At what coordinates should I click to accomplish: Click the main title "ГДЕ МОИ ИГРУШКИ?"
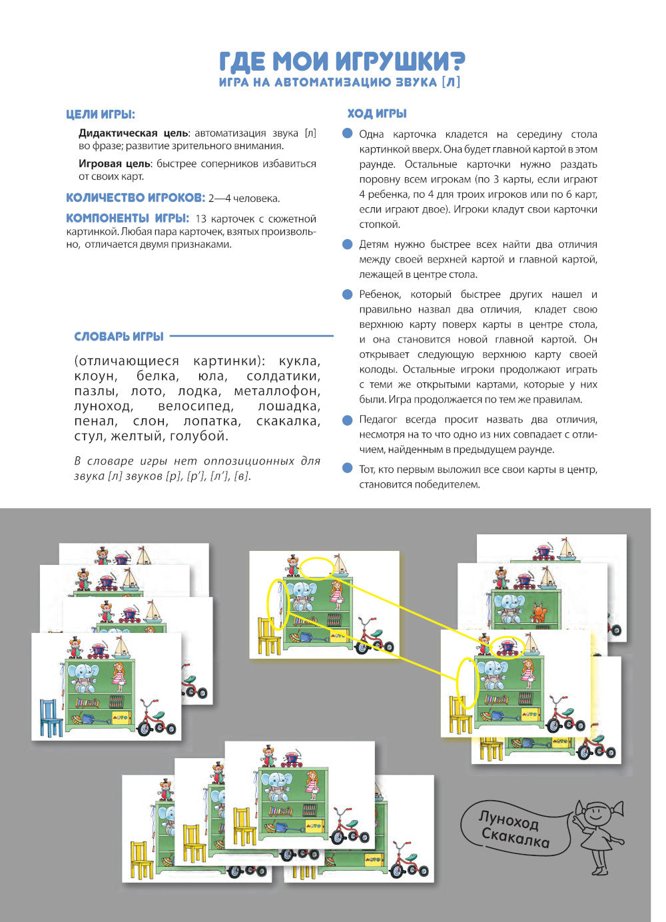click(x=342, y=61)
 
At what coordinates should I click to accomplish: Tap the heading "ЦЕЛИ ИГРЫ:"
click(x=101, y=115)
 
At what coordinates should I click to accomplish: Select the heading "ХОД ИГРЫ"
click(x=377, y=114)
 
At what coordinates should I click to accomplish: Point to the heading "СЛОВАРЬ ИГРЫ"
click(x=119, y=336)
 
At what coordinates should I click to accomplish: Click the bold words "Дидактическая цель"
click(x=133, y=133)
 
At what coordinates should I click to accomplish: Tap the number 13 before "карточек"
click(x=202, y=219)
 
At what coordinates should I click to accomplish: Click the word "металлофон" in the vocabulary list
click(x=277, y=391)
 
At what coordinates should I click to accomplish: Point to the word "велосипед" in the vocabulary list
click(x=195, y=406)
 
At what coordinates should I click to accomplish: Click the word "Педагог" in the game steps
click(x=378, y=420)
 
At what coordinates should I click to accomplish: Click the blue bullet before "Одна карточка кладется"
click(x=347, y=134)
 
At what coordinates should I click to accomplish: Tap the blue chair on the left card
click(x=50, y=717)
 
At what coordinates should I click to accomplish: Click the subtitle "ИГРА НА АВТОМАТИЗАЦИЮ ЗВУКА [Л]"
click(x=340, y=82)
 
